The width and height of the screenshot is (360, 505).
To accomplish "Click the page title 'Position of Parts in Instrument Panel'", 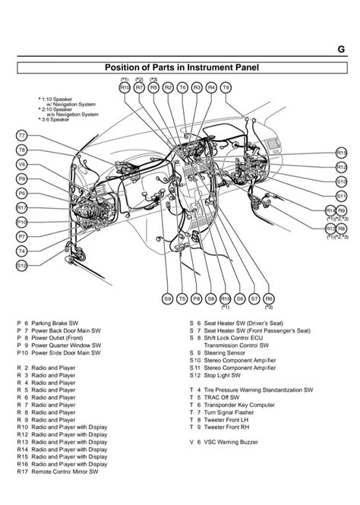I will (181, 68).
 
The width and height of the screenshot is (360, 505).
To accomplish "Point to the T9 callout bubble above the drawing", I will (226, 87).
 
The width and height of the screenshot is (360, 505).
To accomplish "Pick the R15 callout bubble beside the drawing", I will (341, 153).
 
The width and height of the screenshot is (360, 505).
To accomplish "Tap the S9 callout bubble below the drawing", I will (167, 298).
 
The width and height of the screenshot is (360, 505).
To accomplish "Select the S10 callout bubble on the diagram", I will (341, 181).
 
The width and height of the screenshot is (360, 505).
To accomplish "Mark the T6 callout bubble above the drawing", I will (182, 87).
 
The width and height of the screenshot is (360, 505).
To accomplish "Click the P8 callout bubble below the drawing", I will (196, 298).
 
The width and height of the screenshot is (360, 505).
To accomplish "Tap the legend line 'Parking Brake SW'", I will (52, 324).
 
